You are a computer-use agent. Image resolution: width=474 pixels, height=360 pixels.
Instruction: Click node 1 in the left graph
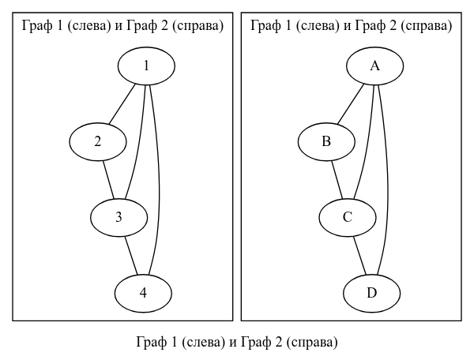tap(146, 66)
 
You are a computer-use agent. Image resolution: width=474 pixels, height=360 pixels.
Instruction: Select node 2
tap(98, 142)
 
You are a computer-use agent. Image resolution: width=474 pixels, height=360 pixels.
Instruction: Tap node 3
tap(118, 217)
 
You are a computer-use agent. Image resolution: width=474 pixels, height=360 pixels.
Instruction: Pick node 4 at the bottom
tap(143, 293)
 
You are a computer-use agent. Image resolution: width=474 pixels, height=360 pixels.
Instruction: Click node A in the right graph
tap(375, 66)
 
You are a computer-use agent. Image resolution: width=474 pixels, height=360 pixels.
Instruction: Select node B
tap(326, 142)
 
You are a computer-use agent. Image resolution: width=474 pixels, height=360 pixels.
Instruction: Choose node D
tap(372, 293)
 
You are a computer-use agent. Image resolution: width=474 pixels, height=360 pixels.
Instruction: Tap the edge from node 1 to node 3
tap(138, 142)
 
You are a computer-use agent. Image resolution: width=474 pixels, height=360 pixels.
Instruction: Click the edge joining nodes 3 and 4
tap(131, 255)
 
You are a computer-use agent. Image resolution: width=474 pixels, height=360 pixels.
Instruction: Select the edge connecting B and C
tap(337, 180)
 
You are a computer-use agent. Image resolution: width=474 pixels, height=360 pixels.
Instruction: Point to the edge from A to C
tap(367, 142)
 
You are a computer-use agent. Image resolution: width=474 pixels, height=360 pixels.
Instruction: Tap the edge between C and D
tap(360, 255)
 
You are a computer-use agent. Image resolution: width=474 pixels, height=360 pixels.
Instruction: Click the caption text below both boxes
tap(237, 343)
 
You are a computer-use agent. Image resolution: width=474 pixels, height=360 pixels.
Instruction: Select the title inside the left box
tap(122, 26)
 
